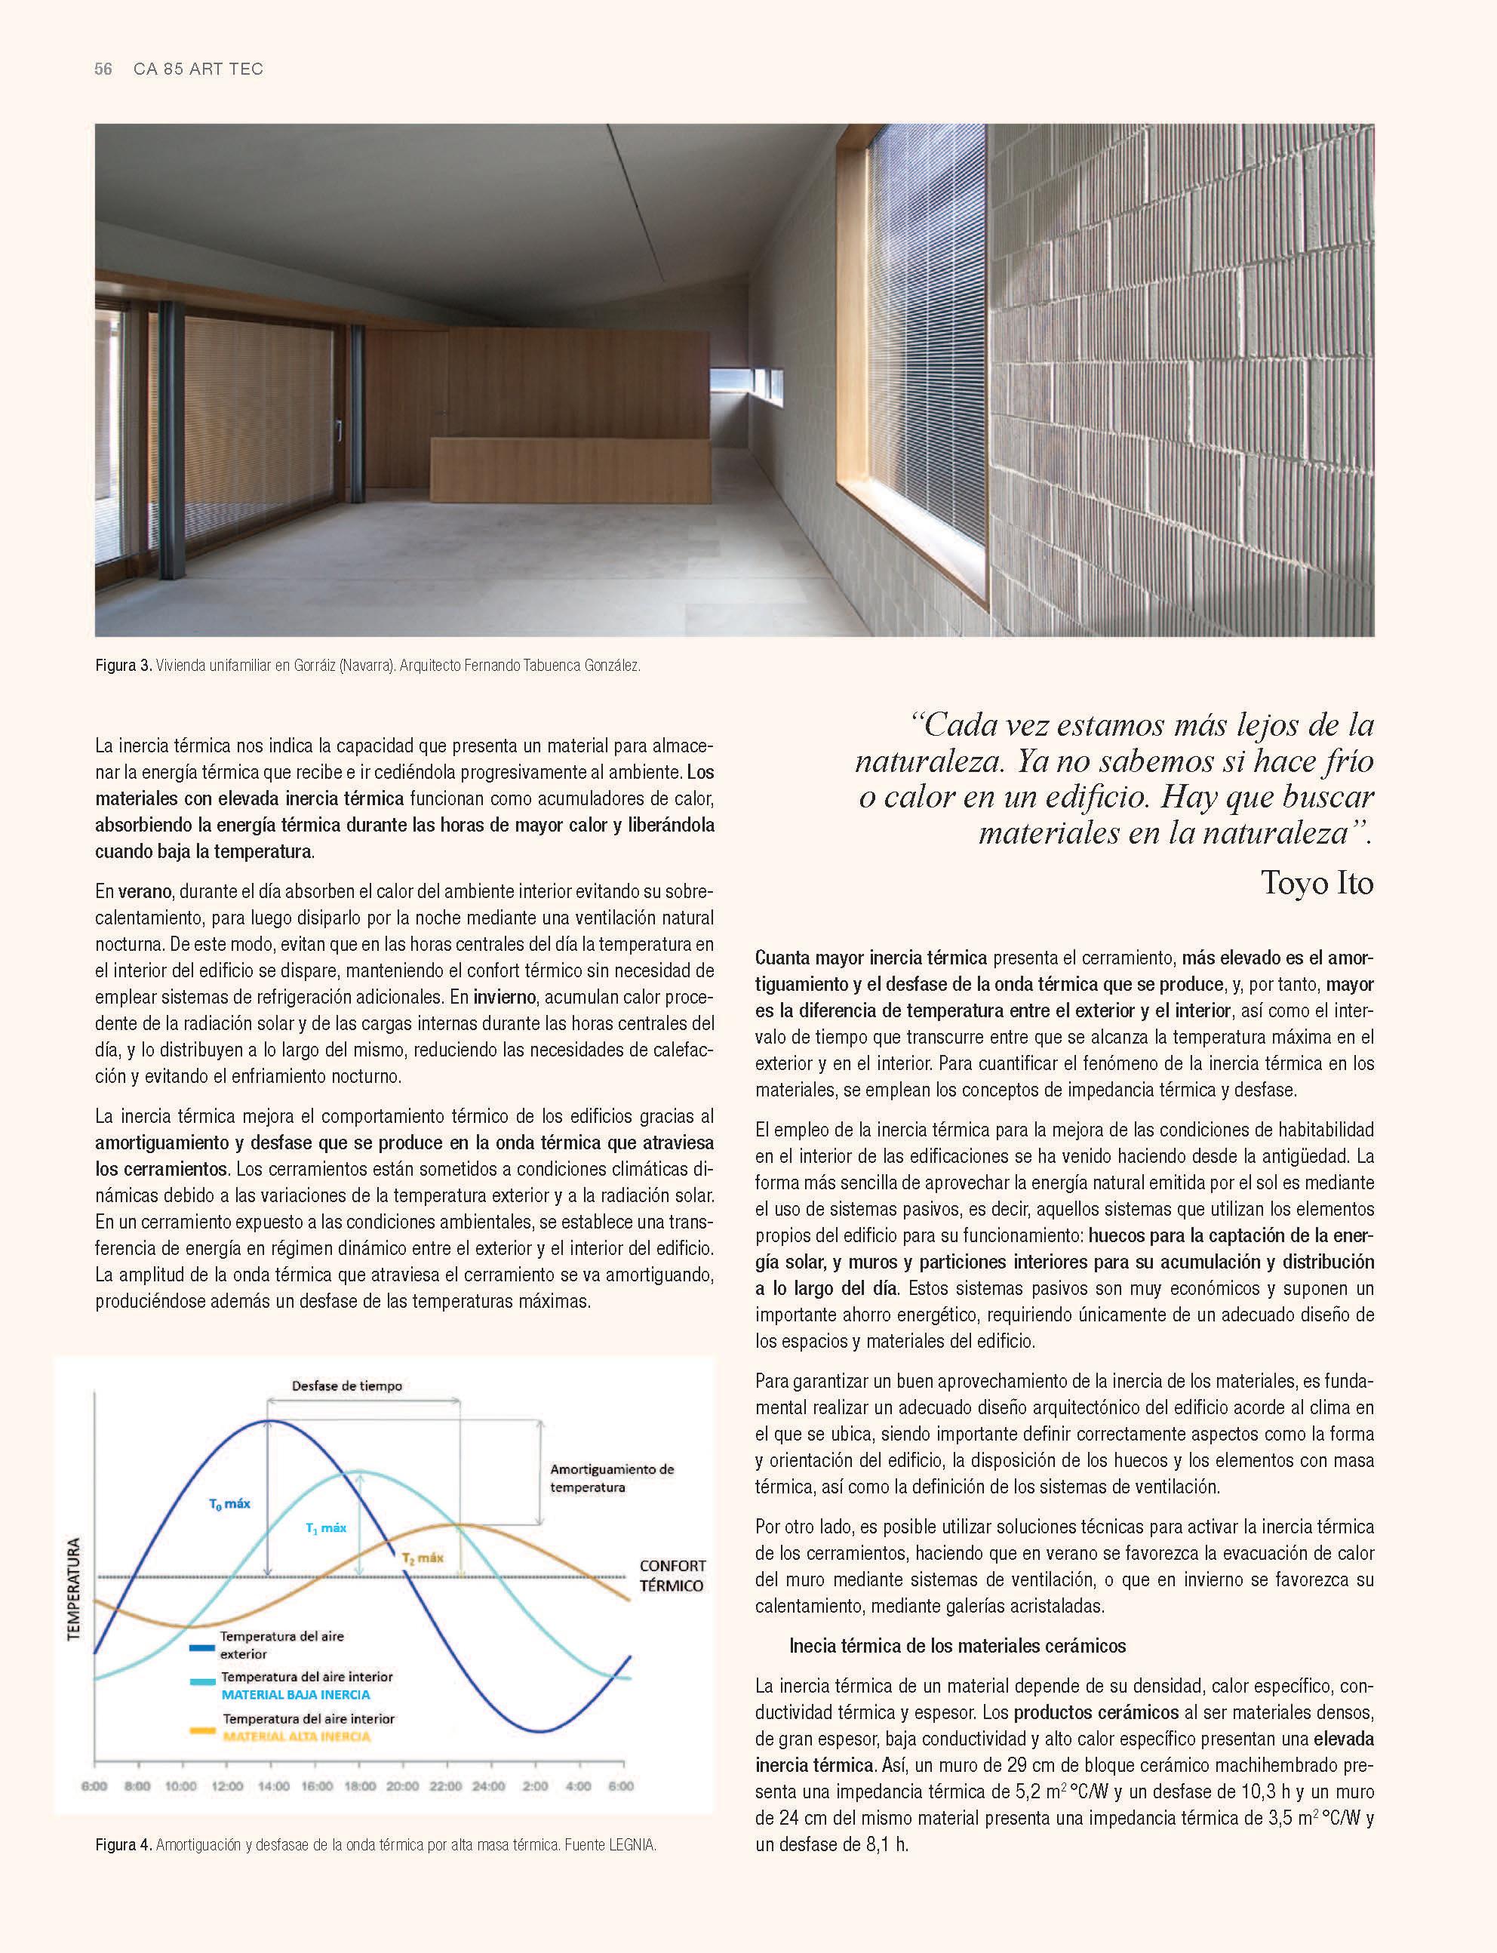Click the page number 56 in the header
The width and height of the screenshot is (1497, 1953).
click(x=103, y=69)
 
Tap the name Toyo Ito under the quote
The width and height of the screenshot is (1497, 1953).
click(x=1317, y=883)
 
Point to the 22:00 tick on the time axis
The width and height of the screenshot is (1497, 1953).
click(x=447, y=1785)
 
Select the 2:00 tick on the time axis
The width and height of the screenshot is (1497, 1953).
click(x=535, y=1785)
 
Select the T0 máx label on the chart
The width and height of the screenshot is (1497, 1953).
click(x=229, y=1503)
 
